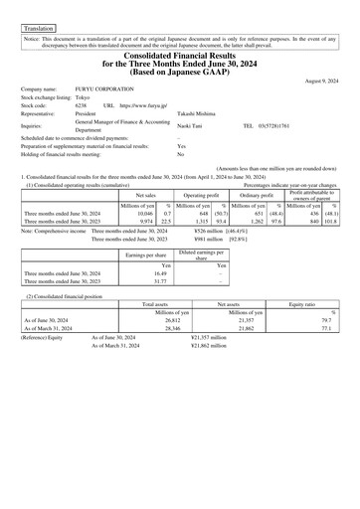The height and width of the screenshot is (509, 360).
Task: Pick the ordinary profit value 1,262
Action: point(258,221)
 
